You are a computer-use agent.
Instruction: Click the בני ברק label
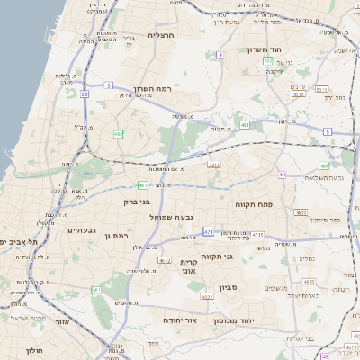137,202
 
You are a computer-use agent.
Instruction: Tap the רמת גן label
119,236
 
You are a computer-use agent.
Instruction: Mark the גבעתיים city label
83,230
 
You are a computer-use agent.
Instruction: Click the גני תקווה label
240,256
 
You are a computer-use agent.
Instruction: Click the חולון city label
33,350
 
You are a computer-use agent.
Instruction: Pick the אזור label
63,320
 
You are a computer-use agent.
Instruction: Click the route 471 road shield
208,232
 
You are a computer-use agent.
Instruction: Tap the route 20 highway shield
85,93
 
